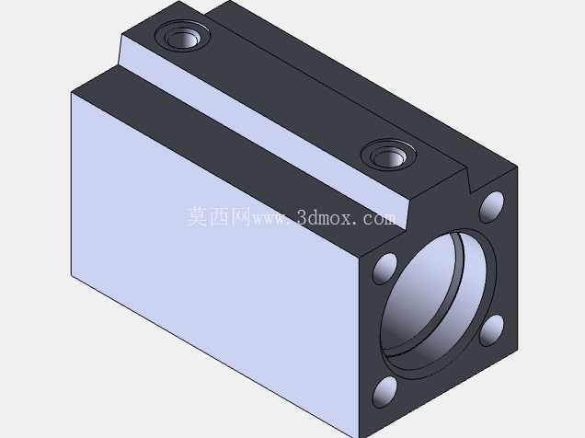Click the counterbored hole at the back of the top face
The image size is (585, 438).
click(x=182, y=36)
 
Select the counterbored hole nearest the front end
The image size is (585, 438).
click(x=389, y=155)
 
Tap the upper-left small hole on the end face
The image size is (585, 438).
click(x=385, y=269)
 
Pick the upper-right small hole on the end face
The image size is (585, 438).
click(x=491, y=207)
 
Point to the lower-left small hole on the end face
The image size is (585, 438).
click(x=385, y=392)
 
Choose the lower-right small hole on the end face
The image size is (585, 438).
click(x=491, y=330)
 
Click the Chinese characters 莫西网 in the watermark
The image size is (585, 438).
click(x=219, y=216)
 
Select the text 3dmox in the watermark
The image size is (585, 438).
click(x=324, y=217)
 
